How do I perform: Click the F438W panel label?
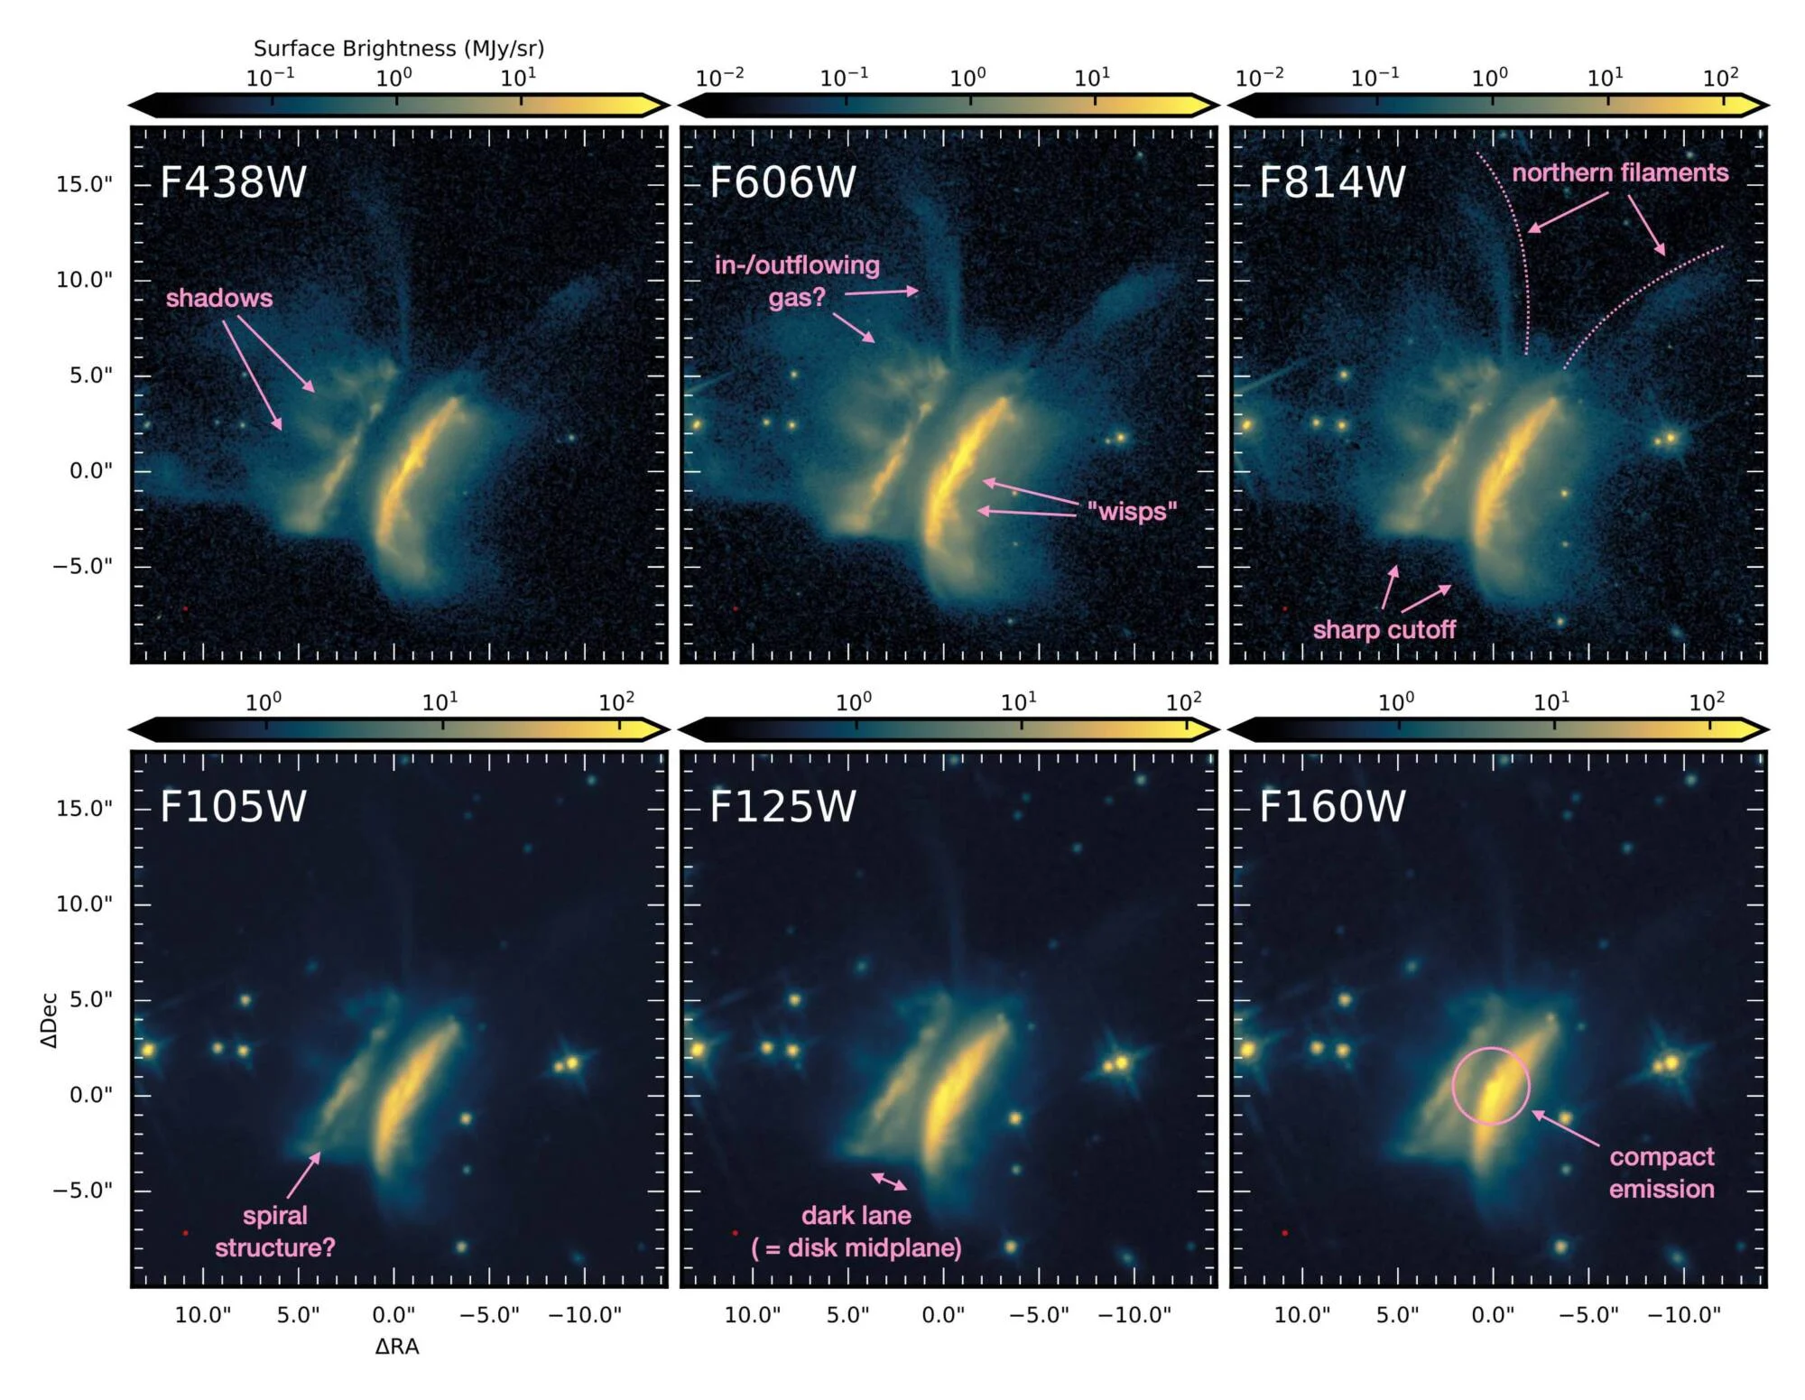(x=233, y=181)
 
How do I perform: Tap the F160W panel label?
(x=1332, y=806)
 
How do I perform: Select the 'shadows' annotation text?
(x=218, y=298)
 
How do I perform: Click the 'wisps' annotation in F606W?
(x=1132, y=511)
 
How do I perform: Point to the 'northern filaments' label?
(x=1620, y=172)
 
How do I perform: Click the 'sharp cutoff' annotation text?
(x=1384, y=629)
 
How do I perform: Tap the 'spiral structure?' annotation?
(x=275, y=1231)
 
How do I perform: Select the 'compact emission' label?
(x=1662, y=1173)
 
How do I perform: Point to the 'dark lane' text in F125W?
(x=856, y=1215)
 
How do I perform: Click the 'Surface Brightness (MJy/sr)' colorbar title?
(x=399, y=48)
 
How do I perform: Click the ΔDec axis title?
(x=49, y=1020)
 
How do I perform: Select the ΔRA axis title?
(x=397, y=1347)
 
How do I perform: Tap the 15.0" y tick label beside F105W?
(x=84, y=809)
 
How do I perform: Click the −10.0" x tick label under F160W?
(x=1684, y=1315)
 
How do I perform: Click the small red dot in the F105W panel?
(x=185, y=1233)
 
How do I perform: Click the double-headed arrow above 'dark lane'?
(x=889, y=1181)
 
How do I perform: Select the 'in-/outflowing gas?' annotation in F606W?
(x=797, y=281)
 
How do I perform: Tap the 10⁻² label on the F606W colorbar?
(x=719, y=79)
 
